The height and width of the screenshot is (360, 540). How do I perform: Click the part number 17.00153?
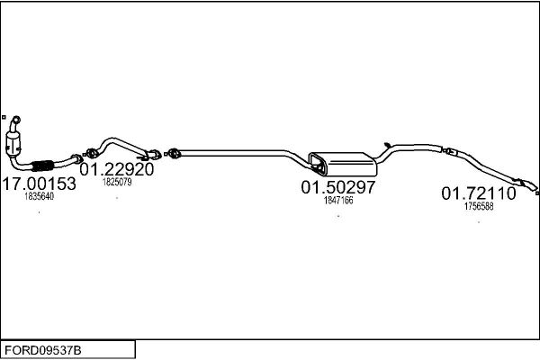[x=39, y=183]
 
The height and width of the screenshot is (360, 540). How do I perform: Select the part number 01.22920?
[x=116, y=169]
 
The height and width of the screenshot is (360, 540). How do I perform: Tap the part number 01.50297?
[x=337, y=187]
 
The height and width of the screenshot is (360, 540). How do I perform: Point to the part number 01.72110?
[x=478, y=193]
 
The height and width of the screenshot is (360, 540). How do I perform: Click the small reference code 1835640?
[x=39, y=196]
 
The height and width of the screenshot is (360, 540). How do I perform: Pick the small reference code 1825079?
[x=117, y=182]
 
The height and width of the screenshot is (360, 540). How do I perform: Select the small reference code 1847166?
[x=337, y=201]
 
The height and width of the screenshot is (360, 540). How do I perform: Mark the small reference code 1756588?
[x=478, y=206]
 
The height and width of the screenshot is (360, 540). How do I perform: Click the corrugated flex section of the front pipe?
[x=40, y=166]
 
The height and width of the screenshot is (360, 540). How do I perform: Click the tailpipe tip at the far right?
[x=534, y=190]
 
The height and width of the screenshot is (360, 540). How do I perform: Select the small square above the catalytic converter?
[x=4, y=115]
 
